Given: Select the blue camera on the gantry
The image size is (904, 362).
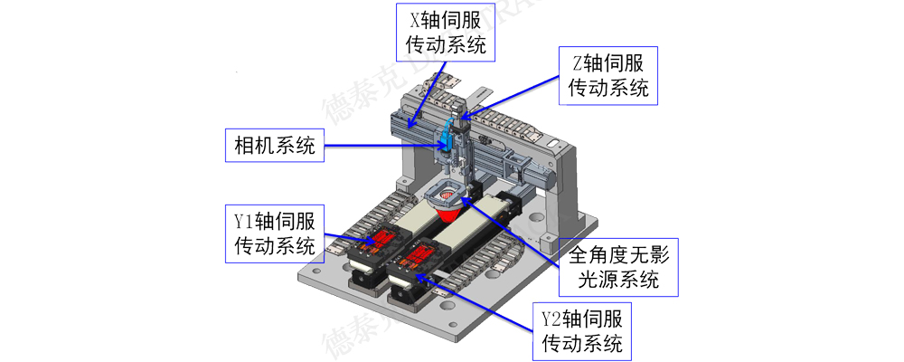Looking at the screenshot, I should coord(447,137).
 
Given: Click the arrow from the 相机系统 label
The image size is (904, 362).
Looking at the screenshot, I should coord(380,146).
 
